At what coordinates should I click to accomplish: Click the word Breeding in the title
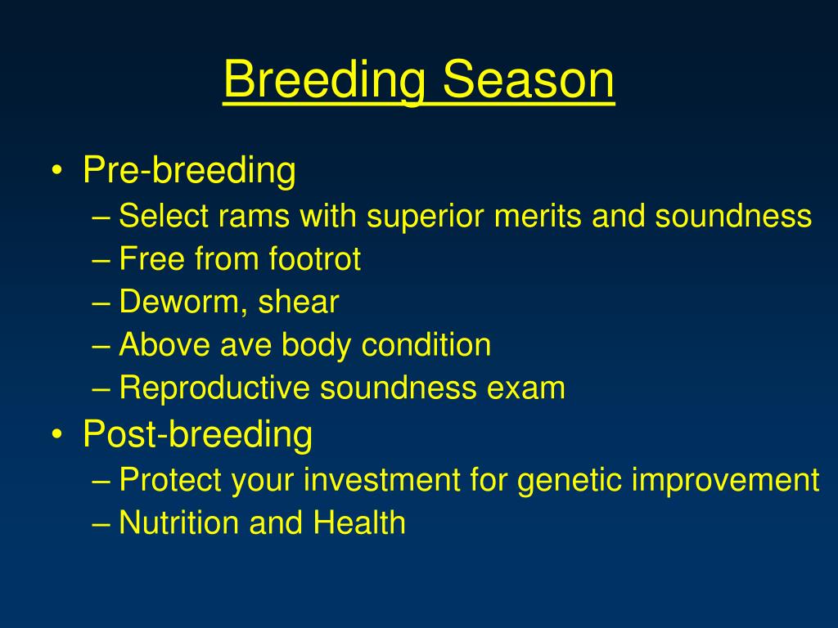tap(324, 80)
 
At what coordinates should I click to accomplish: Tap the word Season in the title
tap(529, 79)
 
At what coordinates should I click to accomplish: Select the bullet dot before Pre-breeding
tap(56, 170)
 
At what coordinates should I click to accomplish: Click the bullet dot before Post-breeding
tap(56, 434)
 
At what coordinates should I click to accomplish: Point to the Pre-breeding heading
tap(189, 171)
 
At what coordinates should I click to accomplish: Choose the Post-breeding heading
tap(198, 433)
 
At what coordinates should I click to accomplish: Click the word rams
tap(254, 216)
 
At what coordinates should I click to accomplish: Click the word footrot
tap(315, 259)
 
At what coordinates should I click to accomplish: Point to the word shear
tap(298, 303)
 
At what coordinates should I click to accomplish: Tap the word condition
tap(426, 345)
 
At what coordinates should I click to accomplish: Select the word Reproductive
tap(214, 388)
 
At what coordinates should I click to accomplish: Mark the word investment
tap(381, 480)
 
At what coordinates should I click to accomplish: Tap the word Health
tap(359, 523)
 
